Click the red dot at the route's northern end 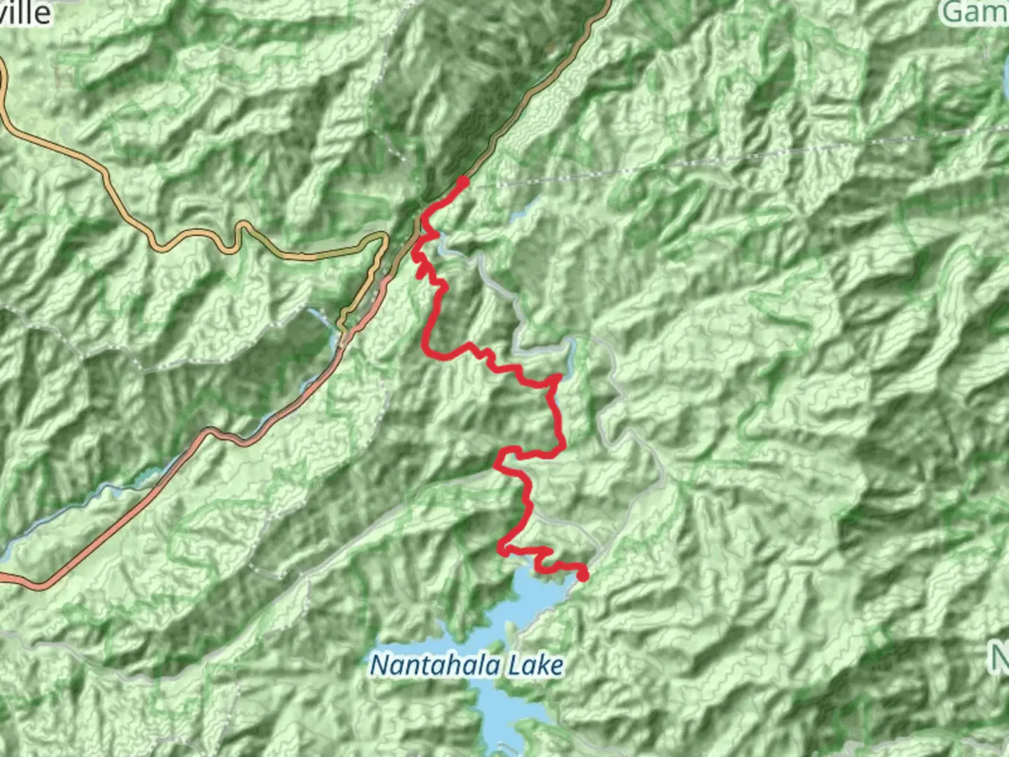pyautogui.click(x=462, y=182)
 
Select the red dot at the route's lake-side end pyautogui.click(x=582, y=576)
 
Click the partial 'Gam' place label pyautogui.click(x=975, y=11)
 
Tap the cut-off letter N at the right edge pyautogui.click(x=1000, y=657)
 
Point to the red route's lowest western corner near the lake pyautogui.click(x=503, y=550)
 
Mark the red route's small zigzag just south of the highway pyautogui.click(x=423, y=266)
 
